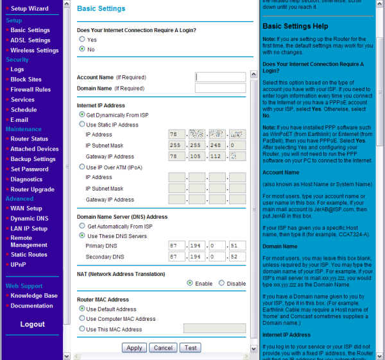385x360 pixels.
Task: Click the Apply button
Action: (x=134, y=348)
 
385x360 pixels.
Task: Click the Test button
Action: (x=190, y=348)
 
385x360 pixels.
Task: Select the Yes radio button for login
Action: (x=81, y=40)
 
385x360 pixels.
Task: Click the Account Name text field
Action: (x=220, y=77)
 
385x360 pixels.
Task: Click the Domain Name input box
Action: (x=220, y=88)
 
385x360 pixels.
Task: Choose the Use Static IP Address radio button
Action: (x=81, y=124)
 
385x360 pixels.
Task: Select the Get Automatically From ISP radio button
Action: (x=81, y=227)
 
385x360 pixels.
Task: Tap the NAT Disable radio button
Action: (x=221, y=284)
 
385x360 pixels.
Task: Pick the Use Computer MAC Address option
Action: (x=81, y=319)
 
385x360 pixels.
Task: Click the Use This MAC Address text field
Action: (x=214, y=329)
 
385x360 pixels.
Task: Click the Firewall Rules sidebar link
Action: (x=30, y=90)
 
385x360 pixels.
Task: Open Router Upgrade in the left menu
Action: (x=32, y=189)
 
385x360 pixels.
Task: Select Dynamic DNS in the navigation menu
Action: (x=29, y=219)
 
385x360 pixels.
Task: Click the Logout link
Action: (x=32, y=324)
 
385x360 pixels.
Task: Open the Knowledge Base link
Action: (x=33, y=296)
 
